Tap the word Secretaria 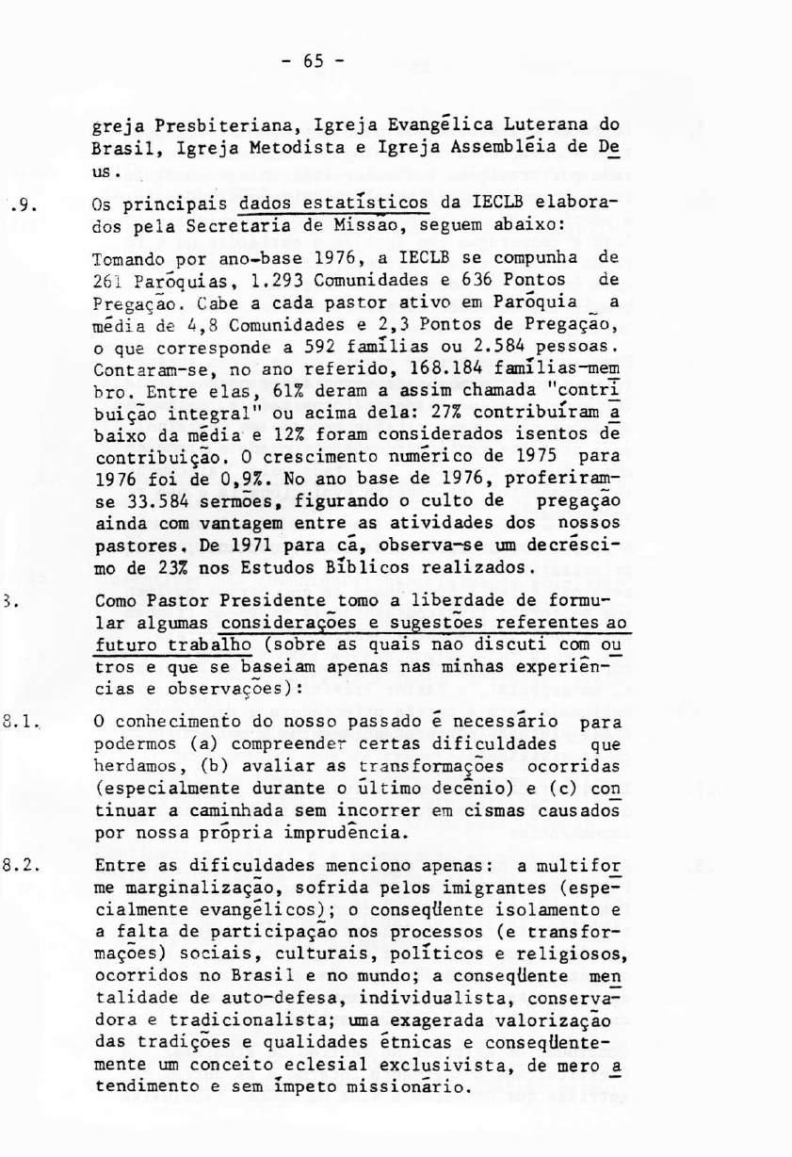(x=243, y=227)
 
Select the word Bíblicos (x=350, y=567)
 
